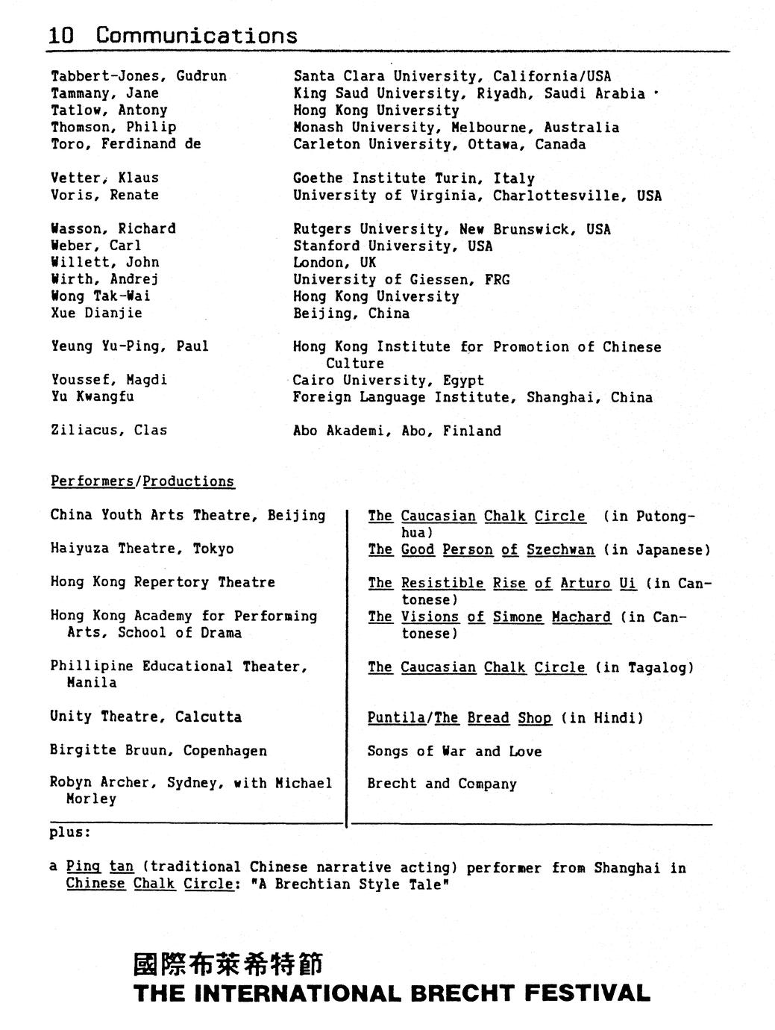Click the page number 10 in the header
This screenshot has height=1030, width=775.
coord(61,35)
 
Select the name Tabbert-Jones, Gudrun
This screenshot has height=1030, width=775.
coord(139,76)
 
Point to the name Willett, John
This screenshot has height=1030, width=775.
coord(105,262)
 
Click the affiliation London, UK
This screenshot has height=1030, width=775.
coord(335,263)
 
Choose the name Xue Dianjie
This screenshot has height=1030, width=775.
coord(96,313)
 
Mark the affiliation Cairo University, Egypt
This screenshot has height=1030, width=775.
coord(388,380)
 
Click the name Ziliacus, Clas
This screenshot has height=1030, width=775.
coord(109,430)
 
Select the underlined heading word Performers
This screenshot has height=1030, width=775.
coord(92,481)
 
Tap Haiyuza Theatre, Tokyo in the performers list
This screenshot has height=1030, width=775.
coord(142,549)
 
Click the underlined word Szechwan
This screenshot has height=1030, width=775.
coord(560,550)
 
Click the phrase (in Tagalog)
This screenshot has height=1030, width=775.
coord(644,667)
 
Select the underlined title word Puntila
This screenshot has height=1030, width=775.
coord(396,717)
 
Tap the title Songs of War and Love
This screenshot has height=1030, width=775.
coord(454,751)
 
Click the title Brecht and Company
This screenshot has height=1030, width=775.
coord(442,784)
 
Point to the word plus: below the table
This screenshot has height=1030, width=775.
coord(70,831)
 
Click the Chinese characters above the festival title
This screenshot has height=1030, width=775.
coord(227,964)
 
